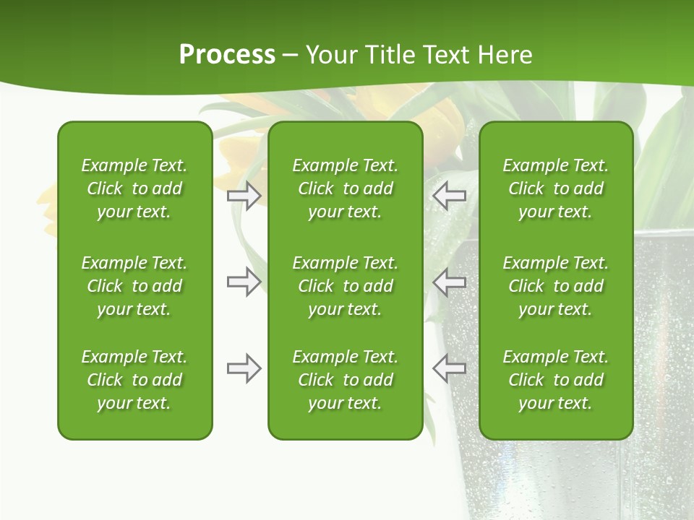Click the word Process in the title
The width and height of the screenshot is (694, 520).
click(227, 55)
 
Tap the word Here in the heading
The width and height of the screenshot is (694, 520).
click(505, 55)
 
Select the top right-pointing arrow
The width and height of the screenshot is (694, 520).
click(244, 195)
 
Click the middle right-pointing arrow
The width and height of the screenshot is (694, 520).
click(244, 282)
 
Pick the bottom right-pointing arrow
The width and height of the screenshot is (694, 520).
click(244, 368)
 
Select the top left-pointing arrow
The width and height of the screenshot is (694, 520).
click(450, 195)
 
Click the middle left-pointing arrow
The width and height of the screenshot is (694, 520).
click(450, 282)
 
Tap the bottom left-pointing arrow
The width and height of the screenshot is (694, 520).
click(450, 368)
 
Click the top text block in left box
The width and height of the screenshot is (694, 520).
click(134, 188)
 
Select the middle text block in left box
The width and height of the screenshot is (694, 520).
click(134, 286)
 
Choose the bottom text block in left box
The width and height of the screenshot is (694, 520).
click(134, 380)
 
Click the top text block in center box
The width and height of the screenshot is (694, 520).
click(345, 188)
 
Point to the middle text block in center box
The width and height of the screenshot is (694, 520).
click(345, 286)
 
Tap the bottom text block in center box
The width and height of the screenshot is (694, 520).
click(345, 380)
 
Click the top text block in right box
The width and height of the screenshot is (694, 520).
click(556, 188)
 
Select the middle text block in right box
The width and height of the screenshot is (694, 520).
click(556, 286)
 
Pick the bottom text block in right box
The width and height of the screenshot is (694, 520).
click(556, 380)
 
